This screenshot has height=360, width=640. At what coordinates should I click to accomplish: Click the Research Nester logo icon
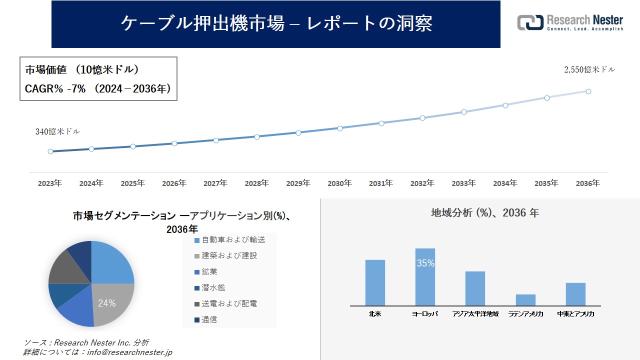point(530,22)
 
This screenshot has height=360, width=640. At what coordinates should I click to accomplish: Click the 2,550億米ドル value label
point(589,70)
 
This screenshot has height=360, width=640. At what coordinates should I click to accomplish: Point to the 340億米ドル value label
point(57,131)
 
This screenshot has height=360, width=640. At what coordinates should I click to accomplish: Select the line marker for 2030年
point(340,128)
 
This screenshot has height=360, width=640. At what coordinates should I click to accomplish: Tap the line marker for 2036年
point(588,91)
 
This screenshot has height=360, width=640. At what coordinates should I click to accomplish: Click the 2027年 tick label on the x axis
point(215,183)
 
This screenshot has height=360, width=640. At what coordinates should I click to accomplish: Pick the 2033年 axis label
point(463,183)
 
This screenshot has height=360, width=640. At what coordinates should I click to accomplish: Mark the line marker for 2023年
point(50,151)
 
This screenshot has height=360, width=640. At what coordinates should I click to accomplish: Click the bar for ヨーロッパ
point(425,277)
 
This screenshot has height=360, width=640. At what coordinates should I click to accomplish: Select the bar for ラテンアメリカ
point(525,300)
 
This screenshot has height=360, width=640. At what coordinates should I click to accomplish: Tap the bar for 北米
point(375,282)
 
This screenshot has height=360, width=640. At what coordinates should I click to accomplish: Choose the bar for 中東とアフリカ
point(575,294)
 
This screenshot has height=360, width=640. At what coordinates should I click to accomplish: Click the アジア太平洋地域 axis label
point(475,314)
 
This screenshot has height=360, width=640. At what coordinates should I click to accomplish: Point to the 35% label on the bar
point(425,263)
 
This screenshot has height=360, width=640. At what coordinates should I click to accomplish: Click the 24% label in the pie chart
point(106,303)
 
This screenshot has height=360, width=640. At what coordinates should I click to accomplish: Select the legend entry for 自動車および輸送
point(229,240)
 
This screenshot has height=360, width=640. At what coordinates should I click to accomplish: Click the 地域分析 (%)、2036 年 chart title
point(485,213)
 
